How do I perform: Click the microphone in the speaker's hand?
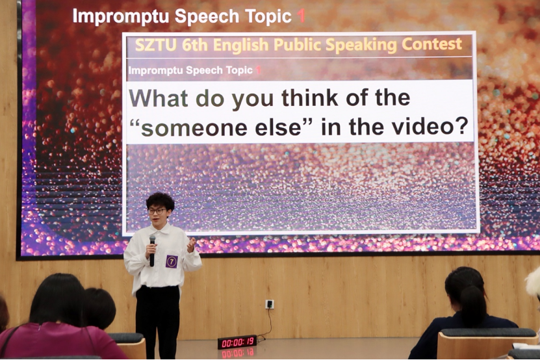[152, 250]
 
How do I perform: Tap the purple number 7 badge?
[172, 261]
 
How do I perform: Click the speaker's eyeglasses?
[157, 211]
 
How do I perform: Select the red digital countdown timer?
[237, 342]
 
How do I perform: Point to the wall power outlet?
[270, 304]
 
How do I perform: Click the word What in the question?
[159, 98]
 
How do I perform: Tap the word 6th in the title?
[196, 45]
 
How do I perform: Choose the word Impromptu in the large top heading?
[121, 16]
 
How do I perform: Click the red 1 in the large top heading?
[301, 16]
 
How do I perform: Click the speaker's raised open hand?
[190, 244]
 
